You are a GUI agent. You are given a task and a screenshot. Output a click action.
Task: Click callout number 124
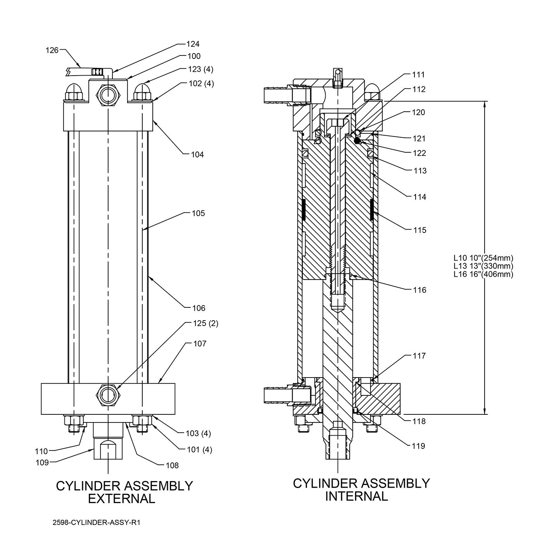(x=193, y=44)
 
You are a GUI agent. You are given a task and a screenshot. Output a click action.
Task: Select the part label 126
(x=52, y=50)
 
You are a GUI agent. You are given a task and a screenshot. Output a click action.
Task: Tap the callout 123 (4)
(x=200, y=69)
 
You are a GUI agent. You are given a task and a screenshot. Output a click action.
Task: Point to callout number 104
(x=197, y=154)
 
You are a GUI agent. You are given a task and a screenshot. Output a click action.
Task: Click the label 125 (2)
(x=206, y=323)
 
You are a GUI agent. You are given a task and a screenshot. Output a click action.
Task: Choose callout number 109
(x=42, y=463)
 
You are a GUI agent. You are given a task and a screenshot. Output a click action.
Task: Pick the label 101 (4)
(x=199, y=449)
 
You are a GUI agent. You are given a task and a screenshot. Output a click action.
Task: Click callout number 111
(x=418, y=75)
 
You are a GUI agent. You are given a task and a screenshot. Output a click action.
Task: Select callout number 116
(x=419, y=290)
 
